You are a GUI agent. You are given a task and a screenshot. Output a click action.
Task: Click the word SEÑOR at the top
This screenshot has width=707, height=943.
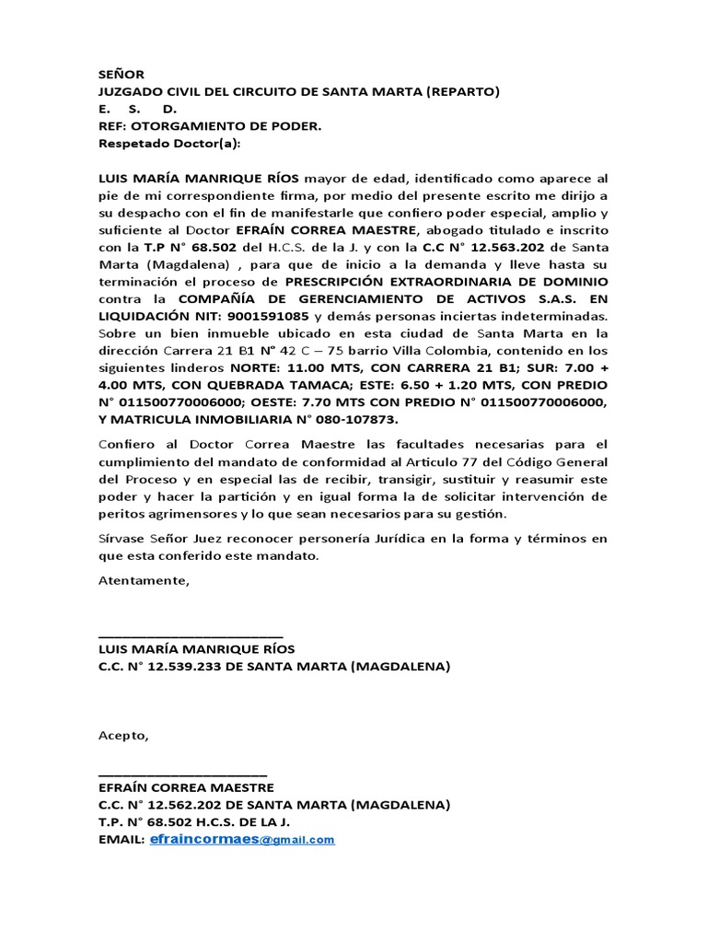pos(121,75)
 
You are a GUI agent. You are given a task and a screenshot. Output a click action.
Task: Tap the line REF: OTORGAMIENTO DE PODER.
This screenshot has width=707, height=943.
pos(210,127)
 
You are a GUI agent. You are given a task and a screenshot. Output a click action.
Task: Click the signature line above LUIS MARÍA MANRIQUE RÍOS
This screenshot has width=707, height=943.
pos(190,634)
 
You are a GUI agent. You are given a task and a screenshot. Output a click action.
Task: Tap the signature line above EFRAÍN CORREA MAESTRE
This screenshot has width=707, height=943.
pos(182,772)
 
